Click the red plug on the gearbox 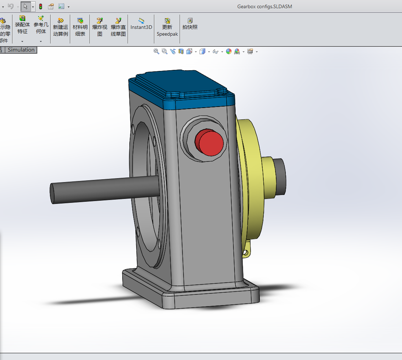coord(211,143)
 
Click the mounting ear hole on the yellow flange coord(246,252)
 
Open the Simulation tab coord(21,50)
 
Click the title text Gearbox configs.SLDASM coord(264,6)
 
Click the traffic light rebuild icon coord(41,6)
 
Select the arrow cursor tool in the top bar coord(25,6)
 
